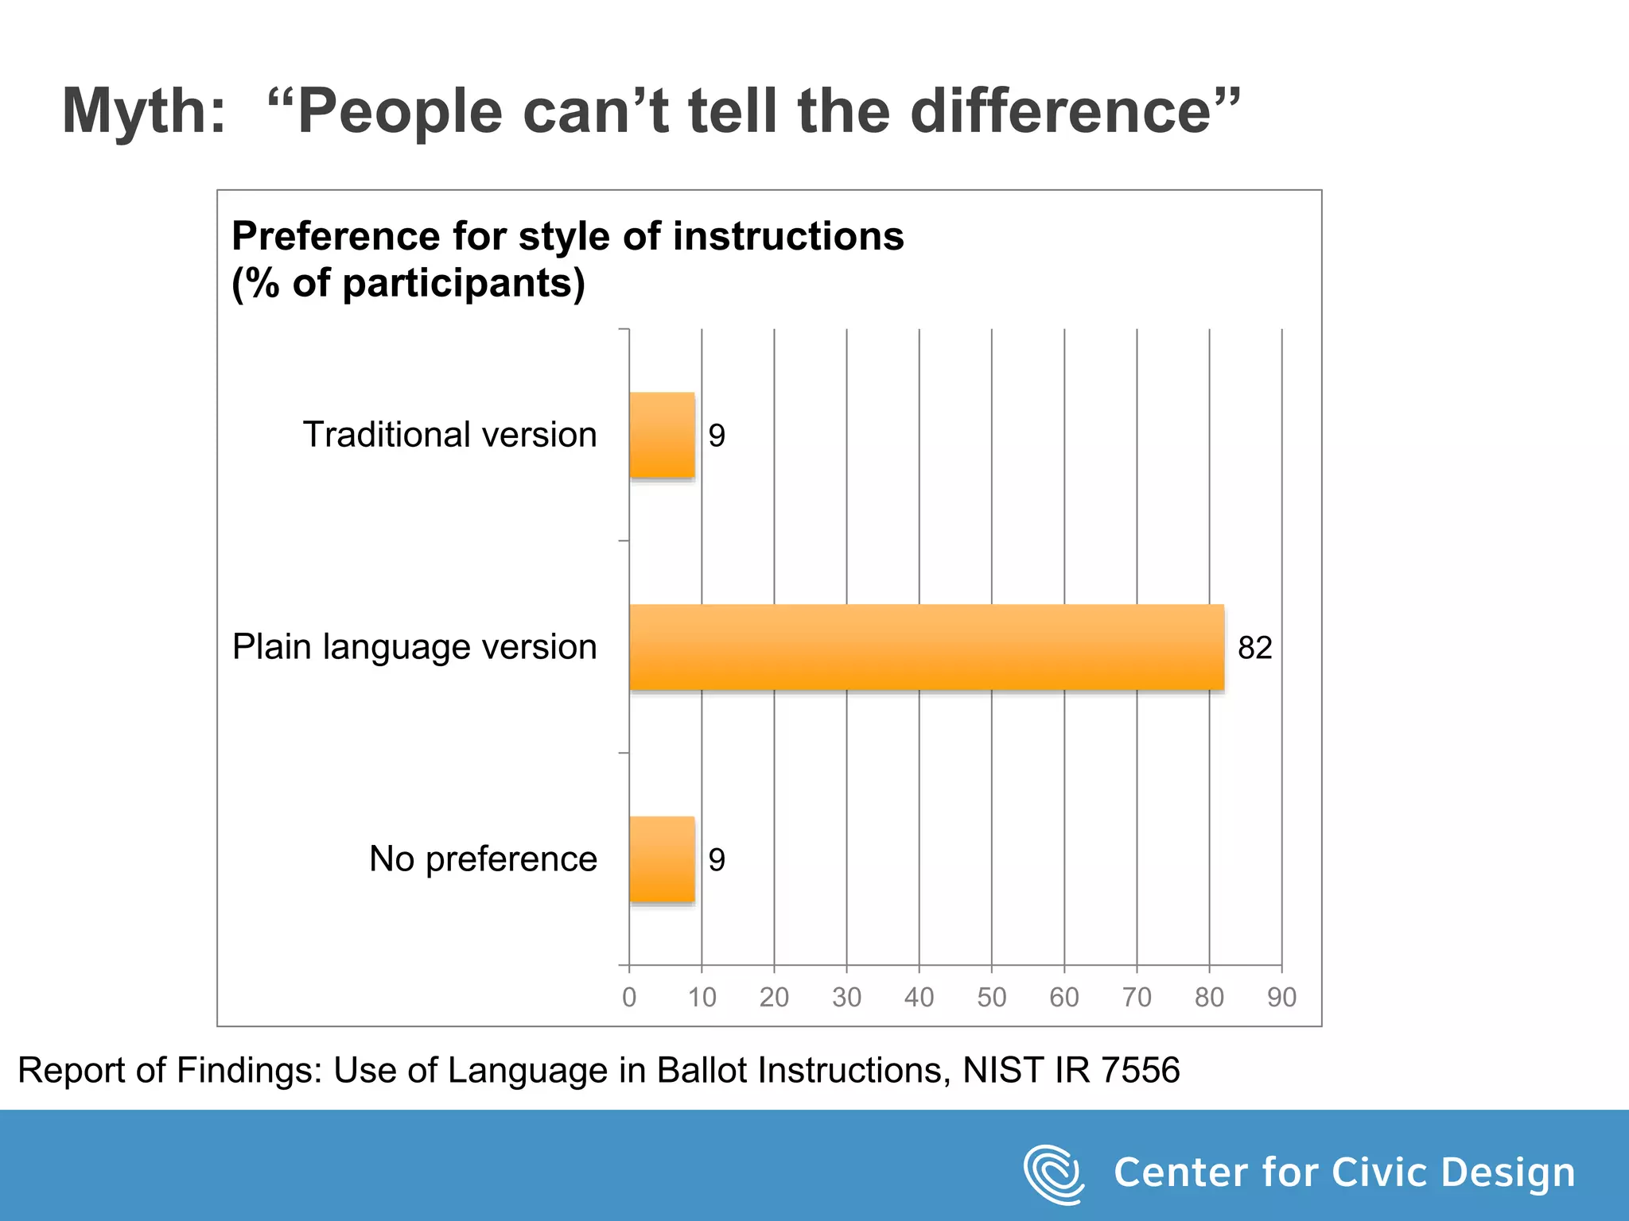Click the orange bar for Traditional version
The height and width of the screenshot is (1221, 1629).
tap(662, 435)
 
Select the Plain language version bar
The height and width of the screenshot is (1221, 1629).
tap(926, 647)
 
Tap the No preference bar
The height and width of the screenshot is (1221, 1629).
tap(662, 859)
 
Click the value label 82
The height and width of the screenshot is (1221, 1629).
tap(1254, 648)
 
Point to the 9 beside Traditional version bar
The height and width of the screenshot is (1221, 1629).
tap(717, 436)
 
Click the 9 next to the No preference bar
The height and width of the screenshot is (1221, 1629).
tap(717, 860)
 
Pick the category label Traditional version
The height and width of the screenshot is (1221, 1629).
tap(449, 435)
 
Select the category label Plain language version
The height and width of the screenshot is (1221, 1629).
tap(414, 647)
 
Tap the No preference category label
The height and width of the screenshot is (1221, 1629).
tap(483, 859)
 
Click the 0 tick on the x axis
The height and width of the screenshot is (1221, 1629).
tap(629, 997)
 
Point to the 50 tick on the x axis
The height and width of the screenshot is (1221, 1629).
tap(991, 997)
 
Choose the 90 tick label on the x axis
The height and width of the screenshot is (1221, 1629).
tap(1281, 997)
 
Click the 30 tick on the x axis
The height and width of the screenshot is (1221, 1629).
tap(846, 997)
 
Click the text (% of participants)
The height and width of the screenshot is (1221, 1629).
tap(408, 284)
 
